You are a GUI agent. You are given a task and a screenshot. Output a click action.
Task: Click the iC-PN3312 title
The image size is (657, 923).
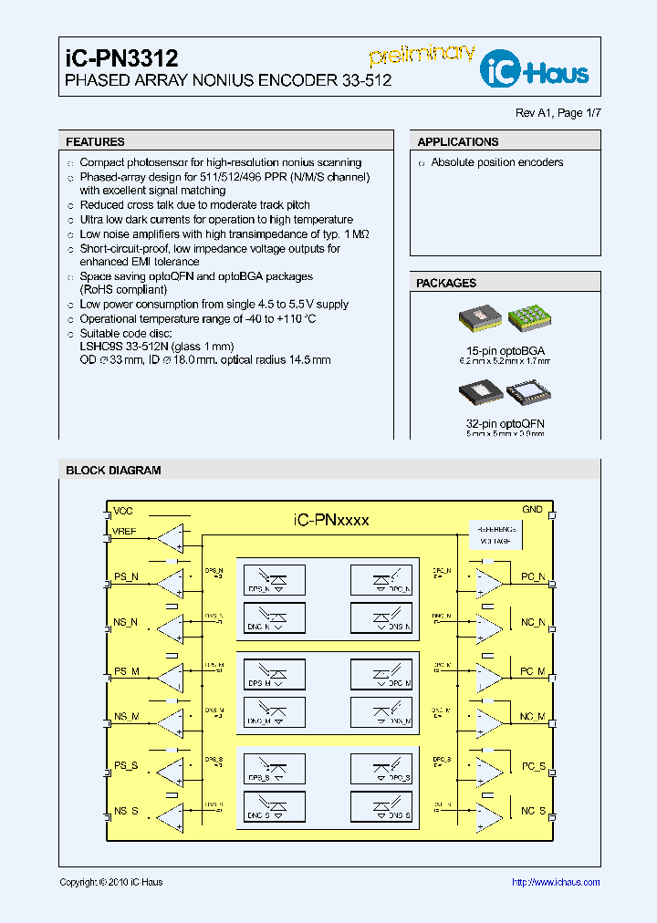click(121, 58)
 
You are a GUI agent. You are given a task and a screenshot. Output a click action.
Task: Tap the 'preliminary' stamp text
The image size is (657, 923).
click(421, 57)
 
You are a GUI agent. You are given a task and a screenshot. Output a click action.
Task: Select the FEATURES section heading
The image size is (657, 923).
click(95, 142)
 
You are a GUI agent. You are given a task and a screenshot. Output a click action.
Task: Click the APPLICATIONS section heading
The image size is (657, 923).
click(457, 142)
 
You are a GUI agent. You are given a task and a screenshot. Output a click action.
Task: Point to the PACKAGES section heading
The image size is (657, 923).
click(446, 284)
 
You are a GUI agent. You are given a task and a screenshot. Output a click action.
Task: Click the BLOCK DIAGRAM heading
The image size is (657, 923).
click(113, 471)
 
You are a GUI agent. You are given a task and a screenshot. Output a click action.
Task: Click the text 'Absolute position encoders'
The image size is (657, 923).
click(496, 163)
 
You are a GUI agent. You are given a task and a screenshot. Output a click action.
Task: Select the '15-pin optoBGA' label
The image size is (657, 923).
click(505, 350)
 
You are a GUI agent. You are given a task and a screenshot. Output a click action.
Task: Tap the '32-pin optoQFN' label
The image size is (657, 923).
click(505, 424)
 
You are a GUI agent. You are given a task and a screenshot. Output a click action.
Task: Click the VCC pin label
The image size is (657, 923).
click(122, 512)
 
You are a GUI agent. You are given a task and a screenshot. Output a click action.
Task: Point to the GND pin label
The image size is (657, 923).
click(532, 510)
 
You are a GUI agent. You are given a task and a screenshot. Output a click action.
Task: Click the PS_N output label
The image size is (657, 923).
click(126, 577)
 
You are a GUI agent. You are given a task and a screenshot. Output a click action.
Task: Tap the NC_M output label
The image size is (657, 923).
click(533, 718)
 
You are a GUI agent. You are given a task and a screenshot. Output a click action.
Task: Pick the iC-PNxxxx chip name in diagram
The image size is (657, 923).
click(331, 520)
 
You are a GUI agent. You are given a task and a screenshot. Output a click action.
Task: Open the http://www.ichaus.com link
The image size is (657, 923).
click(555, 882)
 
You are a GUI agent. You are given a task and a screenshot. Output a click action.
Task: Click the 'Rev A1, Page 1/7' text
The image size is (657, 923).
click(558, 113)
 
